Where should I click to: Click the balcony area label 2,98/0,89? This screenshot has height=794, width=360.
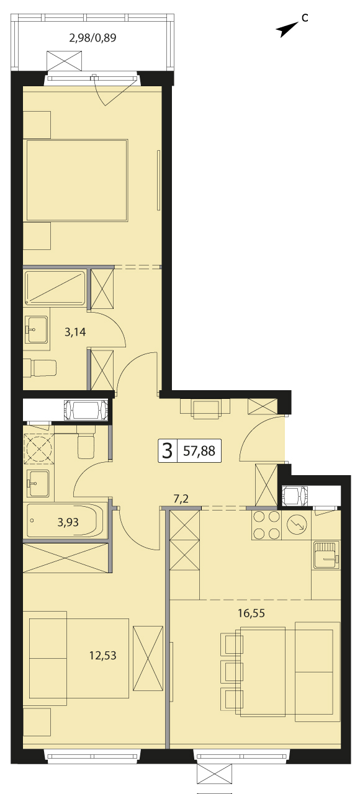click(x=92, y=38)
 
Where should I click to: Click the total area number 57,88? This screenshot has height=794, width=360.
click(x=199, y=450)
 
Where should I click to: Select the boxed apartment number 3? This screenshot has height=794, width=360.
click(x=167, y=450)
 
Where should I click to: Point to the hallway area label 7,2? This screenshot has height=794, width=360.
click(x=181, y=499)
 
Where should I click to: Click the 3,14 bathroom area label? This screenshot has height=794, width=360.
click(x=75, y=332)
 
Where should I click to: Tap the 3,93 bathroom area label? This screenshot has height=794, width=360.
click(x=68, y=522)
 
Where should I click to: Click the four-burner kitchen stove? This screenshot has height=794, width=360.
click(x=266, y=525)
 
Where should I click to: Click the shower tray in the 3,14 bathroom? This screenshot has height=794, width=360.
click(x=55, y=288)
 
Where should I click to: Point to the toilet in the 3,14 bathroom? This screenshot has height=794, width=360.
click(x=40, y=368)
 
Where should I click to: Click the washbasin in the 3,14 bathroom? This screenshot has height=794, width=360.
click(x=36, y=329)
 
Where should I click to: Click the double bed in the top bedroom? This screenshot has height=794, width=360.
click(x=76, y=181)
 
